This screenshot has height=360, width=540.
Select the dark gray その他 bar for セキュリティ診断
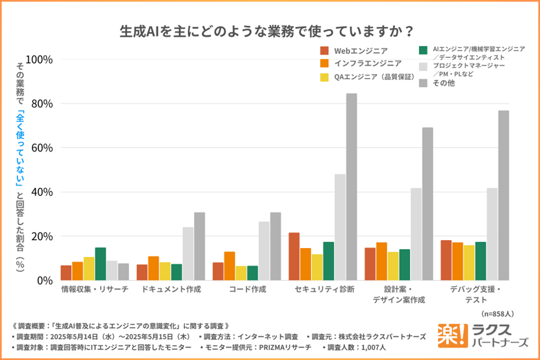coord(352,187)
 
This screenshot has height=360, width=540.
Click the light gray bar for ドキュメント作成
coord(188,253)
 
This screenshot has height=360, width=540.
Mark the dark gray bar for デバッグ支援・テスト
coord(503,195)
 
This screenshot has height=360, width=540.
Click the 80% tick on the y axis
coord(42,104)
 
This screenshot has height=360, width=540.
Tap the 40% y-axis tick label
coord(42,192)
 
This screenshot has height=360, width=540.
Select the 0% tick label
coord(45,281)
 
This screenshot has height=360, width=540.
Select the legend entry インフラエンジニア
coord(368,63)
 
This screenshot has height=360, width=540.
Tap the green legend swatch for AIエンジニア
coord(424,50)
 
